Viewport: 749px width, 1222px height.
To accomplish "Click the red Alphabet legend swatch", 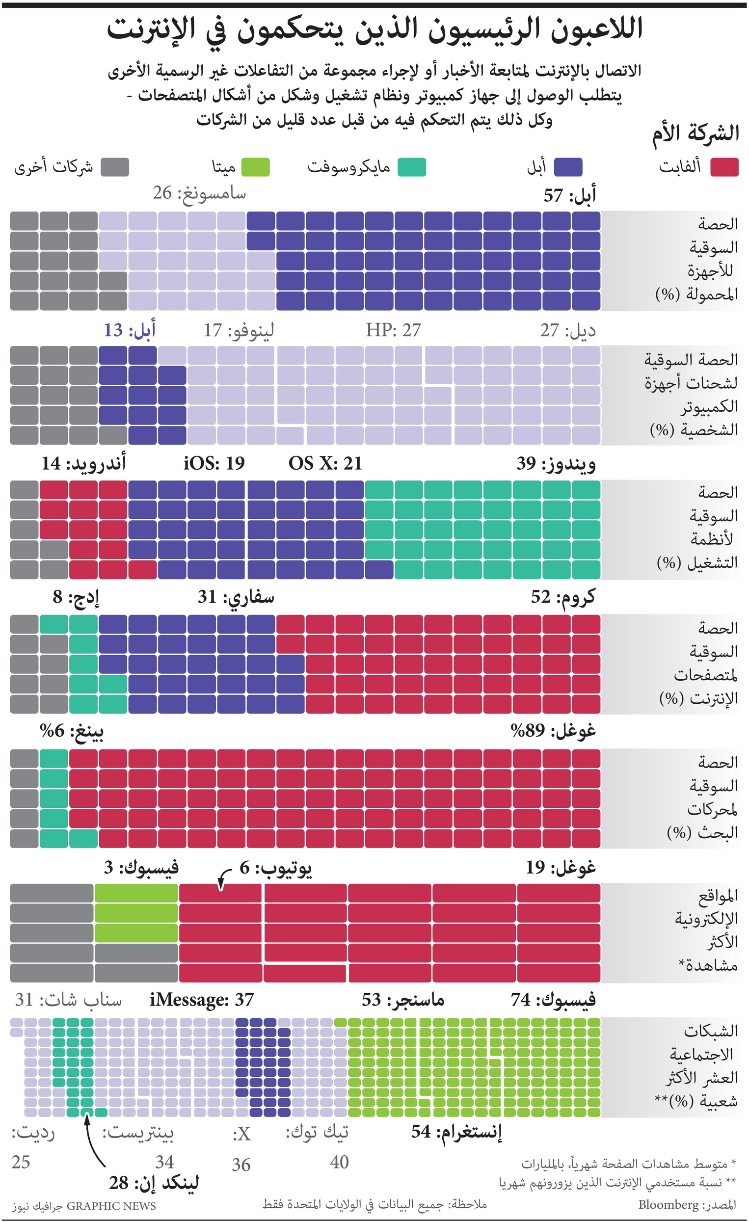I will point(723,167).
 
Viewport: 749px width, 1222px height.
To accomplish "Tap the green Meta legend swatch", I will point(255,167).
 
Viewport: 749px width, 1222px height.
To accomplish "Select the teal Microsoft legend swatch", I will point(411,167).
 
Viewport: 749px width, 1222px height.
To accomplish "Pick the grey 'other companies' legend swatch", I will point(114,167).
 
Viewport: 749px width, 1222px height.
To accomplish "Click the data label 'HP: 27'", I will point(393,330).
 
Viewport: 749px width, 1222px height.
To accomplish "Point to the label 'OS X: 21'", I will point(325,463).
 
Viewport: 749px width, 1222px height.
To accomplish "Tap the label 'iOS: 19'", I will point(214,463).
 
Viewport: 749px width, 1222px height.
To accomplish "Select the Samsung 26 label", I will point(199,193).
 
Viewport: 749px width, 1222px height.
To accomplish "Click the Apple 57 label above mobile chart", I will point(569,195).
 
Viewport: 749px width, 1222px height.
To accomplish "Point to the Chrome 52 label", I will point(562,597).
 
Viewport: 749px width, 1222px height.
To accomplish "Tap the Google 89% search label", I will point(553,731).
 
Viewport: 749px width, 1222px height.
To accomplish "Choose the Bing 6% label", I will point(72,731).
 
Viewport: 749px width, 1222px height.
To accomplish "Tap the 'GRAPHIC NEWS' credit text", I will point(111,1206).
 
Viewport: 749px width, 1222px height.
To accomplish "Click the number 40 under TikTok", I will point(339,1162).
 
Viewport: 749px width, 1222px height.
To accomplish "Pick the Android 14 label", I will point(83,463).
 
